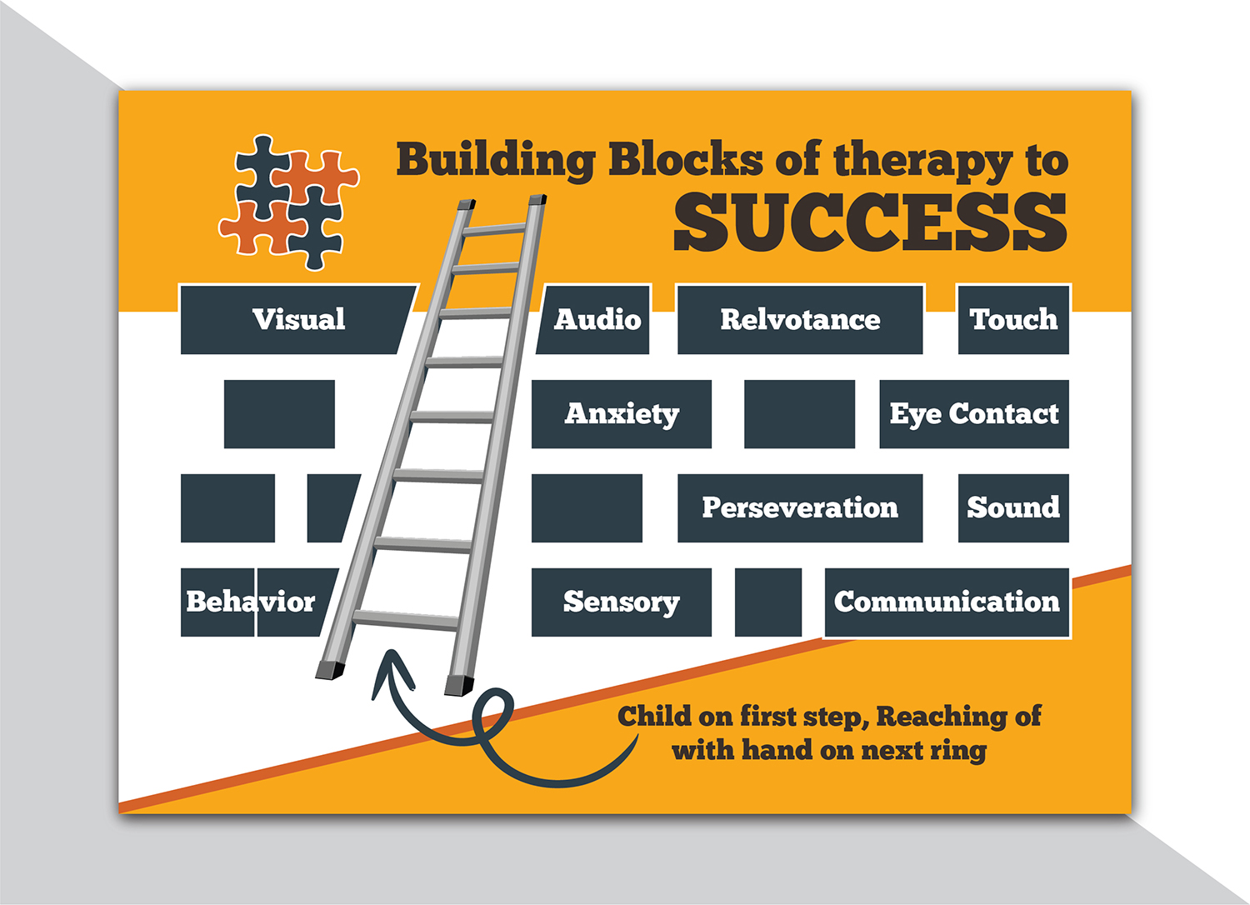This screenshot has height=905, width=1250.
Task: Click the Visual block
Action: pyautogui.click(x=298, y=320)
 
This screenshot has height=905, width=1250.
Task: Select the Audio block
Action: pyautogui.click(x=597, y=320)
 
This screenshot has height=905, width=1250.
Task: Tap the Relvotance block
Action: pyautogui.click(x=800, y=320)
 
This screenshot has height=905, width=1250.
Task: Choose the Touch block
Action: pyautogui.click(x=1013, y=320)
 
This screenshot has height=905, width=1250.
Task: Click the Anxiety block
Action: pyautogui.click(x=622, y=414)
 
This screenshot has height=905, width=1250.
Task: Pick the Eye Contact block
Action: pyautogui.click(x=974, y=414)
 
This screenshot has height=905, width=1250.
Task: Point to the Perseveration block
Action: pyautogui.click(x=800, y=508)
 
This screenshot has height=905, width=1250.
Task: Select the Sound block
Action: pyautogui.click(x=1013, y=508)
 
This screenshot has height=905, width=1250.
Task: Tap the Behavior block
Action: pyautogui.click(x=250, y=602)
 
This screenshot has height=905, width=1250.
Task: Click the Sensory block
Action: pyautogui.click(x=622, y=602)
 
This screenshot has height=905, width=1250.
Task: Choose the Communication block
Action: pyautogui.click(x=947, y=602)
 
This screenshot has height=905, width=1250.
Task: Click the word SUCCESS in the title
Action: pyautogui.click(x=870, y=222)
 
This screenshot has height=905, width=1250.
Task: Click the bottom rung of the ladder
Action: pyautogui.click(x=405, y=620)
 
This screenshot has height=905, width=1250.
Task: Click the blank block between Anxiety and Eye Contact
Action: pyautogui.click(x=799, y=414)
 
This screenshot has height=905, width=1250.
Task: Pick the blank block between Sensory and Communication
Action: pyautogui.click(x=768, y=602)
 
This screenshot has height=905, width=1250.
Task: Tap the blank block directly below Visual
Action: pyautogui.click(x=279, y=414)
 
